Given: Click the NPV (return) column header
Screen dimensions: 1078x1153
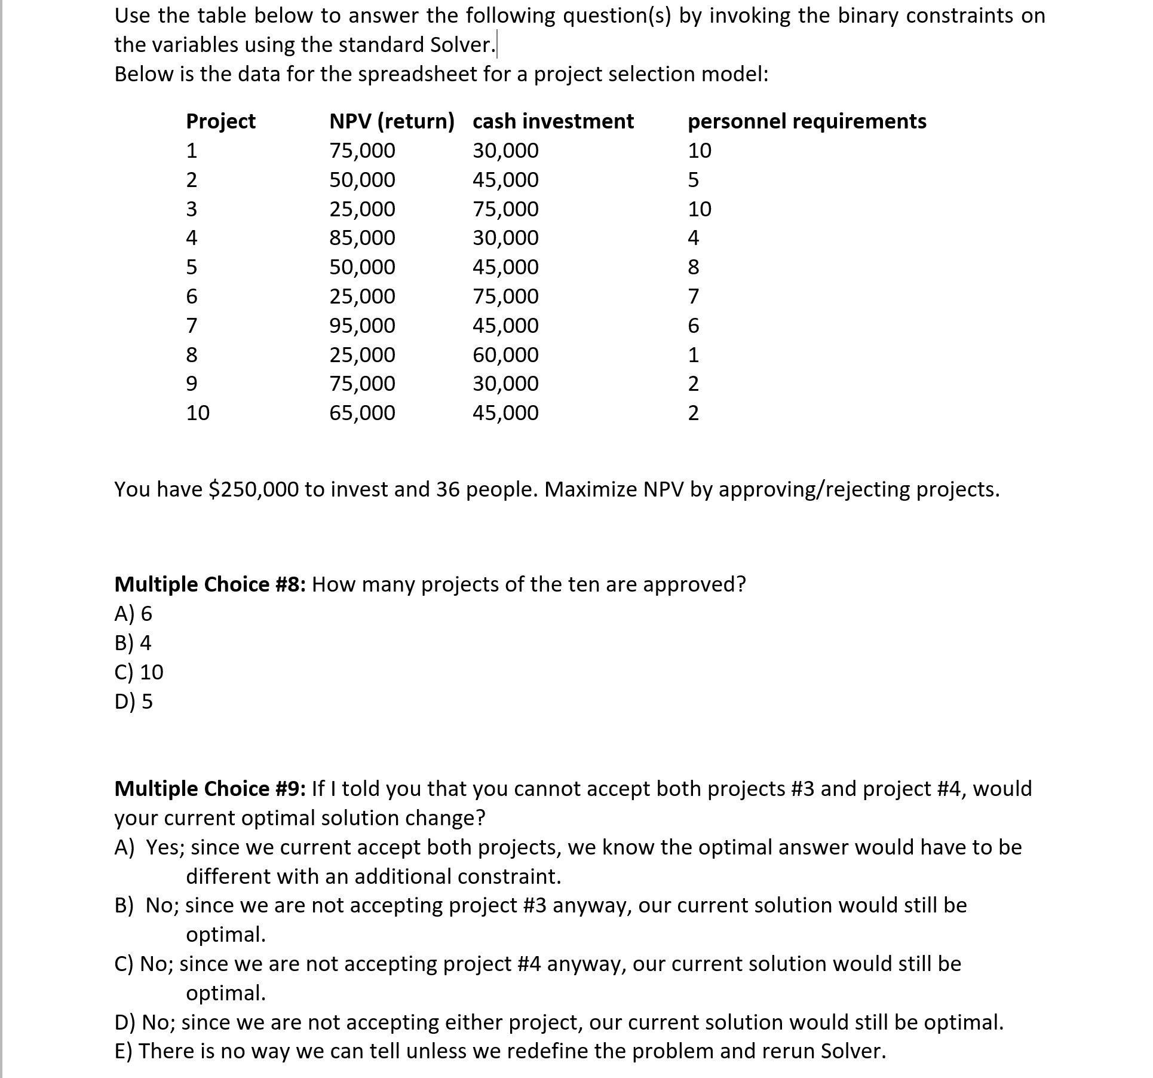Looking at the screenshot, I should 391,121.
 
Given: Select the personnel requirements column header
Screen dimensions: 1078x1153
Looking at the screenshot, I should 807,121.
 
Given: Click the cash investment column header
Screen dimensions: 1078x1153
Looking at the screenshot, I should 553,121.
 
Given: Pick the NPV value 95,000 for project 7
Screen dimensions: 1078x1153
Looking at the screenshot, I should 362,326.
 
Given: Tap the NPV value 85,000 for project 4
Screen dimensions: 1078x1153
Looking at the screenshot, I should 362,238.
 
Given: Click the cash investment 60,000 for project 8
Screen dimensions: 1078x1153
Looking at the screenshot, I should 505,355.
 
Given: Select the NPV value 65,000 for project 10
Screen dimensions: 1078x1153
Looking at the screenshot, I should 362,413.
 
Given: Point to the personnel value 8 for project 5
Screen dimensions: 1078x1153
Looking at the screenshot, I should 693,267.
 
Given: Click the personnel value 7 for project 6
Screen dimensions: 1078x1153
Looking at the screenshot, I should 693,296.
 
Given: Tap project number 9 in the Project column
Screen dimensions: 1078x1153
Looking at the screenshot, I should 191,384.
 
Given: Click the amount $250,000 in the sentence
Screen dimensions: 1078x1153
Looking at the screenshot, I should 254,489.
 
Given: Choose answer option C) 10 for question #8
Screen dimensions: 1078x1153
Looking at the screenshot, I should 139,672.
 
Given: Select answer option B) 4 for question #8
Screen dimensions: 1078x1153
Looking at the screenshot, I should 133,643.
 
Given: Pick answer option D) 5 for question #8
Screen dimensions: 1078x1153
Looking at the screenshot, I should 133,702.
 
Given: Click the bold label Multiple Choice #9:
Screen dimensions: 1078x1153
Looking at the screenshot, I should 210,789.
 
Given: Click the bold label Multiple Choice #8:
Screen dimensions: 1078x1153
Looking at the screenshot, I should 210,584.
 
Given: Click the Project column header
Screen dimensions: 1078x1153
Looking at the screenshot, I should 220,121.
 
